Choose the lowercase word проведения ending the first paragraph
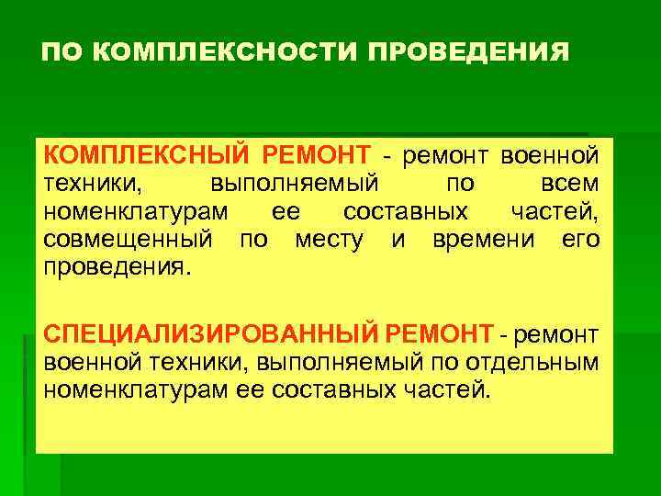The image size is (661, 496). [x=116, y=270]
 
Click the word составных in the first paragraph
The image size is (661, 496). [x=405, y=212]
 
